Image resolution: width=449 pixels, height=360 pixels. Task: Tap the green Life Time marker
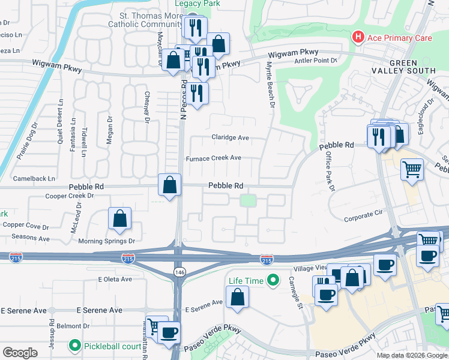coord(274,280)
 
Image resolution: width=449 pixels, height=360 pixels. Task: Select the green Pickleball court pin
coord(75,346)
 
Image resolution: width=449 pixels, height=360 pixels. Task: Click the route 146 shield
coord(179,272)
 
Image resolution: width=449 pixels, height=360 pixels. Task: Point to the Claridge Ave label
coord(230,137)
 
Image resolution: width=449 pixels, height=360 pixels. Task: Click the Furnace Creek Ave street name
coord(213,158)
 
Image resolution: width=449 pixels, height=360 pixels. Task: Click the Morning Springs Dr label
coord(107,241)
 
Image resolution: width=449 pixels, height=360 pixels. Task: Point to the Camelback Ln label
coord(35,178)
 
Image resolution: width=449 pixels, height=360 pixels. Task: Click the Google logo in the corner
coord(20,353)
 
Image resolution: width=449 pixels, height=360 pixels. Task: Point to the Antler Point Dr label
coord(316,61)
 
